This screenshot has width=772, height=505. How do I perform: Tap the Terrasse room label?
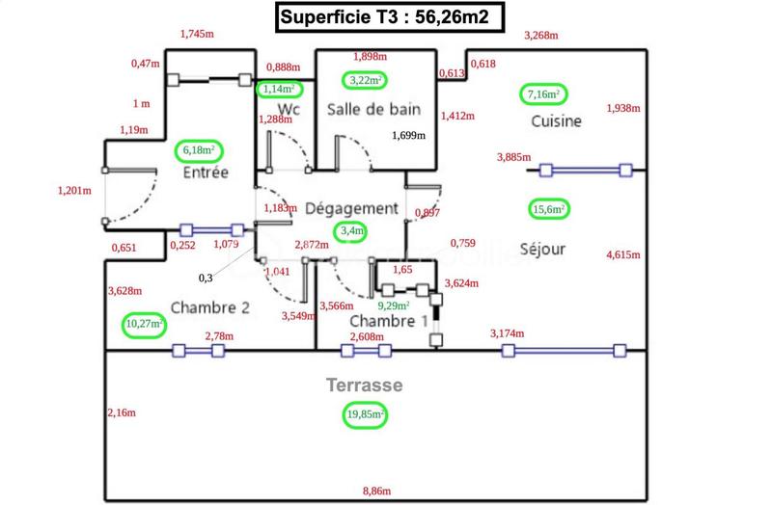(364, 385)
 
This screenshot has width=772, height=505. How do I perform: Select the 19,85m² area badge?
(365, 414)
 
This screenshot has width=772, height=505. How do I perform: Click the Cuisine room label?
(556, 121)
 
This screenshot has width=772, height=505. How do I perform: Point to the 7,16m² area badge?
(545, 93)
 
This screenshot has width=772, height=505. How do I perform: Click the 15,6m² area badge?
(547, 209)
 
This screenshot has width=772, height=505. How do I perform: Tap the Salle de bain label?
(373, 109)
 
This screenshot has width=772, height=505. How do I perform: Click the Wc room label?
(289, 109)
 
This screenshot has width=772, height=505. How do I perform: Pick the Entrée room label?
(206, 173)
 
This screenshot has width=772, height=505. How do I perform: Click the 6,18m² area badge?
(199, 150)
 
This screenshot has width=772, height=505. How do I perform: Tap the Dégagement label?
(351, 208)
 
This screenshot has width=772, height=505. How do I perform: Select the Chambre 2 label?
(210, 307)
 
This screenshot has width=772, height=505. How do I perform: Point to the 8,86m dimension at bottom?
(378, 492)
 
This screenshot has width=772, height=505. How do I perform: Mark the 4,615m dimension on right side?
(623, 254)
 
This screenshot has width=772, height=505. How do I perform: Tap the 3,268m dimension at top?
(541, 36)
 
